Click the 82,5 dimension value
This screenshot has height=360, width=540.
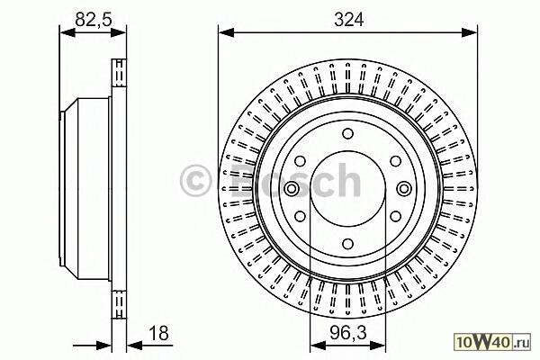pos(94,20)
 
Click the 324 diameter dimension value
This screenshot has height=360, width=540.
pos(348,20)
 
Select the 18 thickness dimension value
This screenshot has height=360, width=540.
pos(158,333)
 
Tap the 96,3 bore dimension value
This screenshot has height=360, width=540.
pos(348,333)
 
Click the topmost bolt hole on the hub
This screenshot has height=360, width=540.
pos(347,133)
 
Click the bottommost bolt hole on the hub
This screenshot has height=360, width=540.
pos(347,244)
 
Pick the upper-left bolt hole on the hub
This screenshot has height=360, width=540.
pos(301,161)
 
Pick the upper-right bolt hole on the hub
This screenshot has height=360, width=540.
pos(396,161)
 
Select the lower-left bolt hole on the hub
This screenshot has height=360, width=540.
pos(301,216)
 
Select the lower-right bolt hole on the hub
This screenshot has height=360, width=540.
pos(396,216)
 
